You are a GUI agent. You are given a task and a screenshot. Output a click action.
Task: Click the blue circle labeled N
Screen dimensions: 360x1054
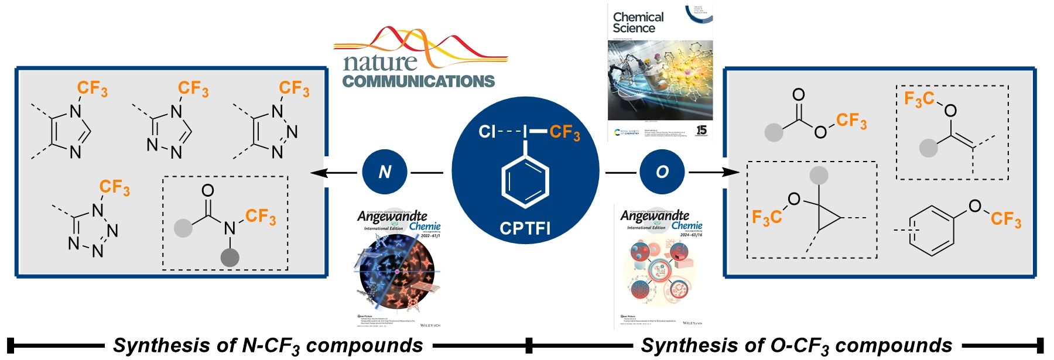[x=385, y=172]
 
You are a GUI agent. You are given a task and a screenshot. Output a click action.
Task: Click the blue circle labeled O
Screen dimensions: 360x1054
[x=662, y=172]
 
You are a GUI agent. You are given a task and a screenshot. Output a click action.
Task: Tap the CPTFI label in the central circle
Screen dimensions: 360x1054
[x=525, y=228]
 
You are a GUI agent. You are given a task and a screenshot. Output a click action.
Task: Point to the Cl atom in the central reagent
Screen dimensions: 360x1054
[x=487, y=132]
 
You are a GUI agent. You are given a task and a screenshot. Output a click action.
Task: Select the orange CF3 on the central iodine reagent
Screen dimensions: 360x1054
[x=564, y=132]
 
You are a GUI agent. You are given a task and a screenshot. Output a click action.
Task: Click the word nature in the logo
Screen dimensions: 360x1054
[x=380, y=61]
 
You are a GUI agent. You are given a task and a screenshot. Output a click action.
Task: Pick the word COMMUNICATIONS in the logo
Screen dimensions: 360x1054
[x=419, y=81]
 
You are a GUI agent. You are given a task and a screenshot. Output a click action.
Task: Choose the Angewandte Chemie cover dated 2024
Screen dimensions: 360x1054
[x=661, y=266]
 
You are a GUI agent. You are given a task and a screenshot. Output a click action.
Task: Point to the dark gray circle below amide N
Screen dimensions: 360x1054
[x=230, y=256]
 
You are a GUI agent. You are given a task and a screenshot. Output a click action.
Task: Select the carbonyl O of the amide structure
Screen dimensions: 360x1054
[x=207, y=190]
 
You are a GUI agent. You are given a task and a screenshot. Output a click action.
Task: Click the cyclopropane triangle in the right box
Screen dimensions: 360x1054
[x=826, y=218]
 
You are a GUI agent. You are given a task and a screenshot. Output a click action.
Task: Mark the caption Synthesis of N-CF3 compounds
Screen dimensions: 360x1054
[x=268, y=346]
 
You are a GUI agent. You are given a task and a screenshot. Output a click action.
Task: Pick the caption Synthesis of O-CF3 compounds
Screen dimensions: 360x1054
[x=796, y=346]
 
